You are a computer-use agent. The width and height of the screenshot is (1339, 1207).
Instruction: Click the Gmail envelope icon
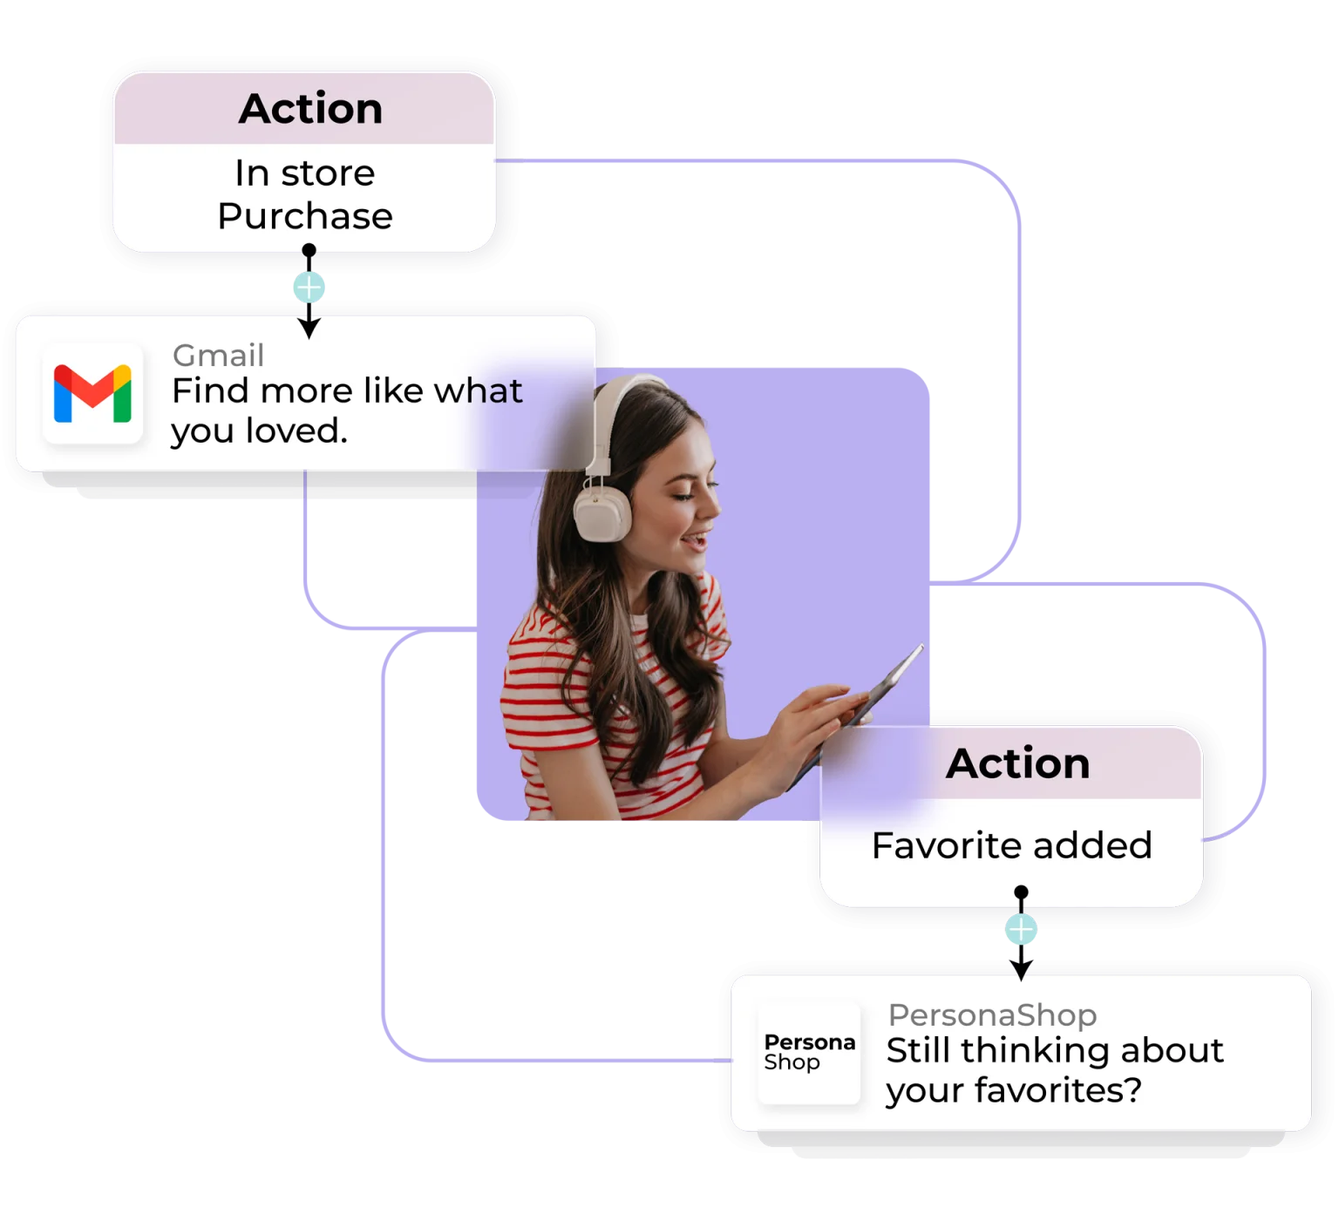[92, 394]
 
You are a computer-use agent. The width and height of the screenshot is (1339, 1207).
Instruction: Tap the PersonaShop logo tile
[809, 1053]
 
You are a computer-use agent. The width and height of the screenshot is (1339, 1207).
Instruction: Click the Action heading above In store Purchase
[310, 109]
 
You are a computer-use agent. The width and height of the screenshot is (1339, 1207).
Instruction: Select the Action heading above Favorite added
[1017, 763]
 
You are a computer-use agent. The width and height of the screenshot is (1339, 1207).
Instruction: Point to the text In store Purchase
[305, 194]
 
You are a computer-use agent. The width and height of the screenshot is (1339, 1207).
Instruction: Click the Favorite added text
[1011, 845]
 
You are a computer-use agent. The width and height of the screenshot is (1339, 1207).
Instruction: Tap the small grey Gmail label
[218, 356]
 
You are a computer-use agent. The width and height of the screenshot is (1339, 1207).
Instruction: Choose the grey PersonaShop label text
[992, 1015]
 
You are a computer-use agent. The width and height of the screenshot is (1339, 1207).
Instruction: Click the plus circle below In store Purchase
[309, 287]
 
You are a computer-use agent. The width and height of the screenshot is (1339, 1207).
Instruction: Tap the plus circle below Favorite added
[1021, 930]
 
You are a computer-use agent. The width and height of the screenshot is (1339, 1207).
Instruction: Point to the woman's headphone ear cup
[602, 512]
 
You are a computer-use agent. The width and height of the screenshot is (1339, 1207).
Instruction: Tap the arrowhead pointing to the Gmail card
[309, 329]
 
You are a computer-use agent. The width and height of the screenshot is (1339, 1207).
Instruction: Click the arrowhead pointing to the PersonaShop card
[1021, 968]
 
